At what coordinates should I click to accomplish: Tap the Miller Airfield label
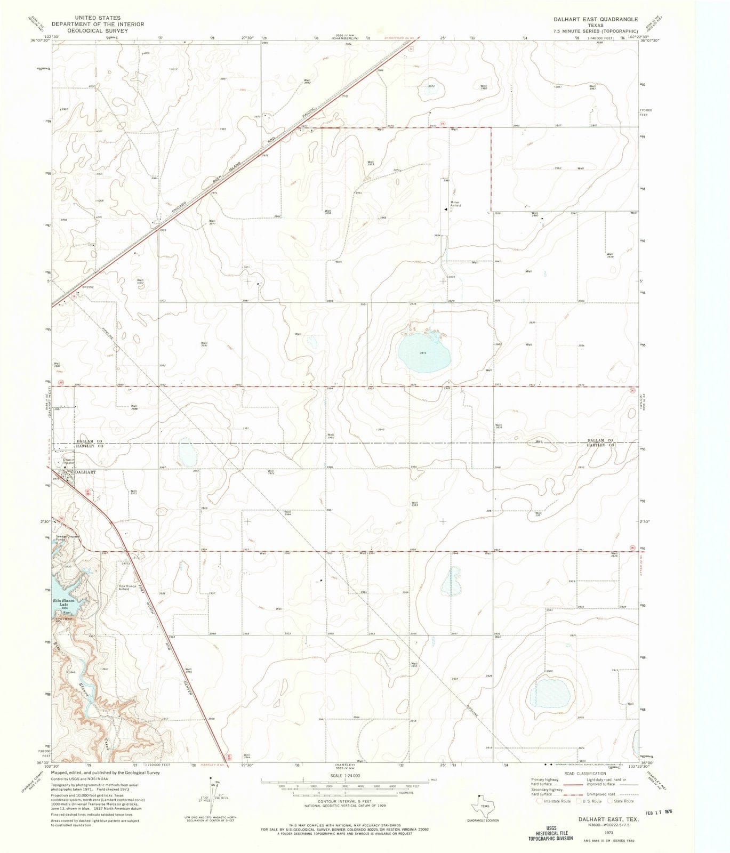point(455,204)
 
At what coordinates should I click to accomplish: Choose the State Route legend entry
point(621,801)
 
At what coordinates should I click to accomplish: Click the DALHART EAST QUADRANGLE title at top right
point(595,19)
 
